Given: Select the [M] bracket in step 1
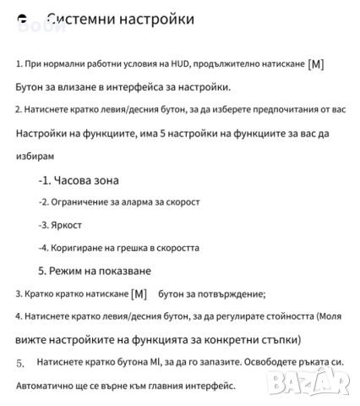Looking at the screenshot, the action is click(315, 64).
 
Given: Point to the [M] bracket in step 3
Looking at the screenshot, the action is click(139, 294).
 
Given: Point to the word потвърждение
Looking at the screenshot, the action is click(229, 294).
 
